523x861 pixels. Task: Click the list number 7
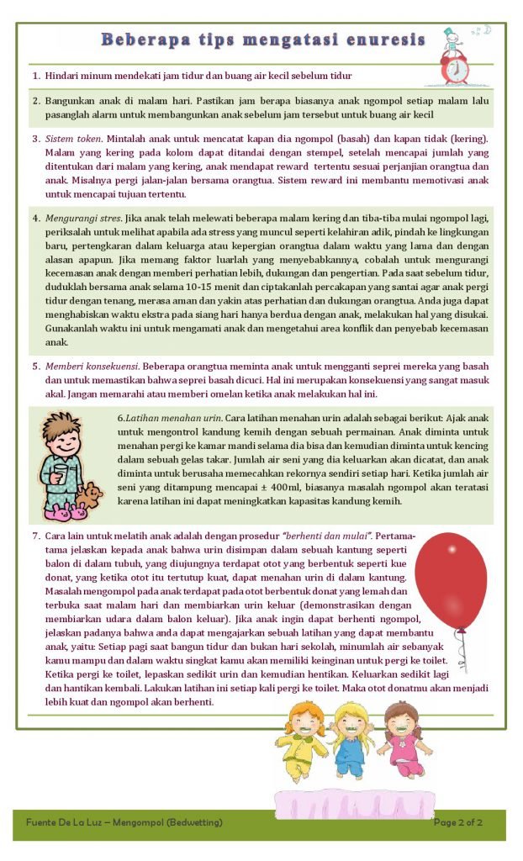coord(36,536)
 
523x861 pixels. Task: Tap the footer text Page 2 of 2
coord(457,821)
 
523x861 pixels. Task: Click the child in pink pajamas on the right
coord(402,740)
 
